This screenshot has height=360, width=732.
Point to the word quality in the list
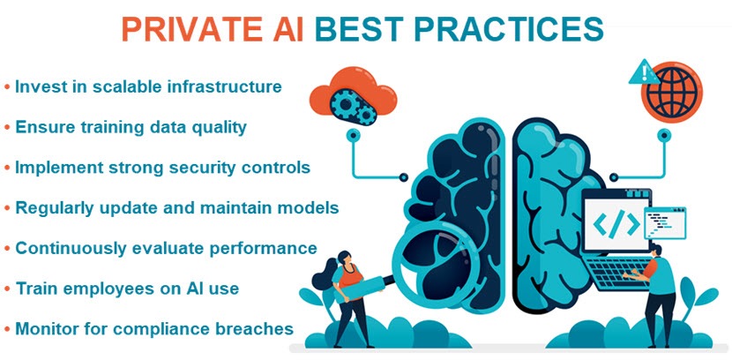(218, 127)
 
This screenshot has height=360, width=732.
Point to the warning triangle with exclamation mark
(640, 71)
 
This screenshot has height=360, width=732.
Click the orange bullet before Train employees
(7, 289)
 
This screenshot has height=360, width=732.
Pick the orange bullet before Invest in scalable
(7, 87)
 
